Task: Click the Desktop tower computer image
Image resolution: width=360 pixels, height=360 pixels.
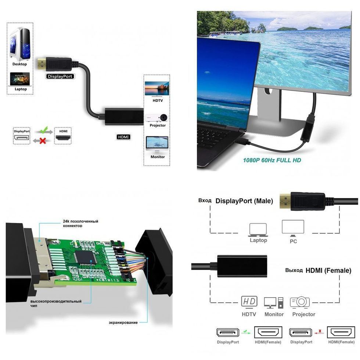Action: pos(19,43)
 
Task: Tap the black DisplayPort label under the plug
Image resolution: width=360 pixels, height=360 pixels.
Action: pos(60,76)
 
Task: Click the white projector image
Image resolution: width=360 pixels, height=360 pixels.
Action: pos(158,117)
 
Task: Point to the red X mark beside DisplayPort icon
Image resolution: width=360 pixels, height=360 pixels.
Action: pos(43,140)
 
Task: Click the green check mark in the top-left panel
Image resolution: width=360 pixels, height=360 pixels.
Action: pos(44,130)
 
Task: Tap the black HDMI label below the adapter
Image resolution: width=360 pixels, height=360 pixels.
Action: pos(123,137)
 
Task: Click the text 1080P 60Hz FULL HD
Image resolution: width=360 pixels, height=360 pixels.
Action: pos(272,160)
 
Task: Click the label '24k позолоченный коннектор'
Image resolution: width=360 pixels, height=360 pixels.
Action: pos(80,223)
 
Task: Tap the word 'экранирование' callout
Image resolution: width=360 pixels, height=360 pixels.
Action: pos(123,323)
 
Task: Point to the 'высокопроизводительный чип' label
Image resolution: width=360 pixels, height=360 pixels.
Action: pos(56,303)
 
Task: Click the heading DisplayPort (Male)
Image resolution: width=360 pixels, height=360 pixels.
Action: pos(244,201)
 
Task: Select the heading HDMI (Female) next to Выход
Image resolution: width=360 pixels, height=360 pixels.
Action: pos(328,270)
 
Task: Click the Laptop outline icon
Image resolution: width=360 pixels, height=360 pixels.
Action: pos(258,230)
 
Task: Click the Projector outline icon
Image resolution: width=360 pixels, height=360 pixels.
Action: pos(299,302)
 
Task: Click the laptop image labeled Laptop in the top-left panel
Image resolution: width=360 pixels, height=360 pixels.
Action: pos(20,79)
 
